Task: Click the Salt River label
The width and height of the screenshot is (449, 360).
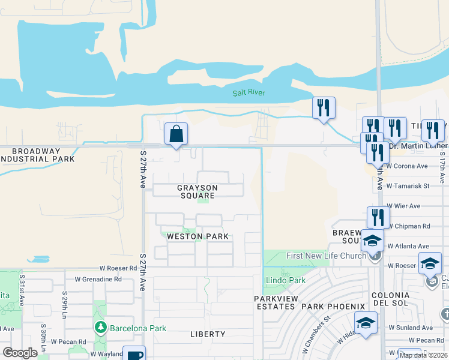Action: tap(249, 92)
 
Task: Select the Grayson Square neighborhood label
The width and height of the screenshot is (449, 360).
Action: tap(196, 191)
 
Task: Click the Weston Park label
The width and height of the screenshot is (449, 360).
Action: tap(197, 236)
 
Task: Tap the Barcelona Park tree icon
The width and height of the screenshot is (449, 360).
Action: tap(100, 328)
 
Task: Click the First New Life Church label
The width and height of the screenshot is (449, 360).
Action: tap(326, 256)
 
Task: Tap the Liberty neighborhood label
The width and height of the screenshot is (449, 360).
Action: tap(208, 334)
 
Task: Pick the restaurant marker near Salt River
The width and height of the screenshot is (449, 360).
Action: tap(324, 108)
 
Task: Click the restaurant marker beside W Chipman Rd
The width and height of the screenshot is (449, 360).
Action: tap(378, 217)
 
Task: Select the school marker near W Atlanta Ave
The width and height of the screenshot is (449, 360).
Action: tap(372, 241)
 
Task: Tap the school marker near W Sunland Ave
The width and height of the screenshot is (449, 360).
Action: tap(366, 323)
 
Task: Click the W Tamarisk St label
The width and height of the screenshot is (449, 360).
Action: tap(408, 186)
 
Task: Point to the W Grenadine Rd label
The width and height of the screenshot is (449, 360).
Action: tap(98, 279)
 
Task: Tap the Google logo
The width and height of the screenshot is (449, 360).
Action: tap(20, 353)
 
